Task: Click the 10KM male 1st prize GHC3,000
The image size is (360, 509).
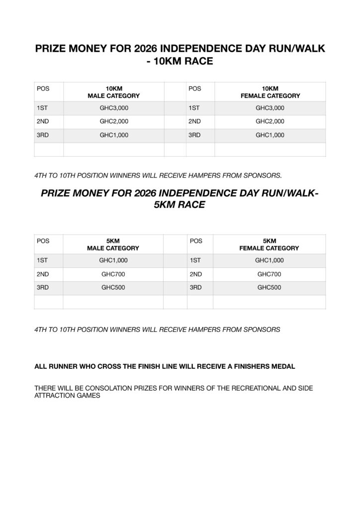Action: point(113,107)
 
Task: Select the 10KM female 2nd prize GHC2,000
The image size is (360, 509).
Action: point(270,121)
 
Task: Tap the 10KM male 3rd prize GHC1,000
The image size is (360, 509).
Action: point(113,135)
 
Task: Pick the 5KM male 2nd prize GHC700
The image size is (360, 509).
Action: point(112,273)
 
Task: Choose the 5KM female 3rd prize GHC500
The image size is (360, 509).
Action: point(269,287)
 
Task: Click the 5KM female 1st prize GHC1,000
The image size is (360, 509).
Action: point(269,259)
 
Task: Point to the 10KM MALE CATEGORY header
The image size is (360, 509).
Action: point(113,92)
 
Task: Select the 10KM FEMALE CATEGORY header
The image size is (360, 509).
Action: point(270,92)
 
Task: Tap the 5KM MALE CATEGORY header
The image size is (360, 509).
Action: point(113,244)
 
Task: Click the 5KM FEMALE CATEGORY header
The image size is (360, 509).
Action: point(270,244)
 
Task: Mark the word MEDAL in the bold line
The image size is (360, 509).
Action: point(284,366)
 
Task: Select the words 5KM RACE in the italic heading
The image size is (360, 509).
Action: point(180,204)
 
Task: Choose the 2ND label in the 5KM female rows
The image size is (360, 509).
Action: point(196,273)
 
